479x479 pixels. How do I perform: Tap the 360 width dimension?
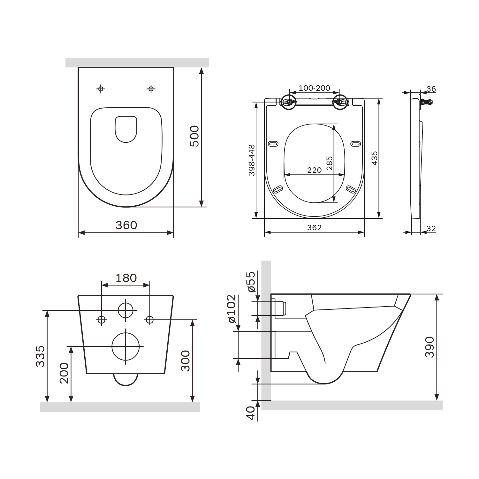click(126, 225)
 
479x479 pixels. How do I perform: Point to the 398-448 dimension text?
click(252, 160)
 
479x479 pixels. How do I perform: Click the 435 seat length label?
click(375, 158)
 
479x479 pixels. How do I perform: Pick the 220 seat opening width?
click(314, 170)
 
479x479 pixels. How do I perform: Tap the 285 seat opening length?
click(329, 163)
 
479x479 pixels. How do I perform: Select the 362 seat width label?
click(314, 227)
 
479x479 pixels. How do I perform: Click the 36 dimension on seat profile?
click(431, 89)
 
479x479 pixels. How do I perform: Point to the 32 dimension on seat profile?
click(431, 229)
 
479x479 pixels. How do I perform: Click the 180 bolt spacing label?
click(126, 278)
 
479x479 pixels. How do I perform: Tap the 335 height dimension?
click(40, 356)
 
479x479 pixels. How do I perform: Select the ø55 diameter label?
click(251, 282)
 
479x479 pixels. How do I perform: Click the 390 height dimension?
click(430, 347)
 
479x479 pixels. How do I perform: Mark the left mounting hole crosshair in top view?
click(101, 89)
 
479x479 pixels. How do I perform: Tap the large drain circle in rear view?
click(126, 346)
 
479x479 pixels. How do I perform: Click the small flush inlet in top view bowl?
click(126, 129)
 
